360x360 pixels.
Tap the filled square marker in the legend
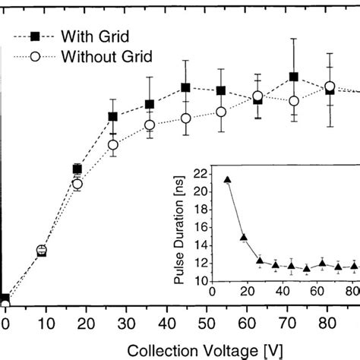pyautogui.click(x=34, y=35)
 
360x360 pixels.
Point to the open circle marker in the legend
pyautogui.click(x=34, y=55)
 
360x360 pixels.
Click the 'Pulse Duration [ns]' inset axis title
pyautogui.click(x=180, y=226)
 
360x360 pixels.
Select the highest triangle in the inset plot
pyautogui.click(x=227, y=180)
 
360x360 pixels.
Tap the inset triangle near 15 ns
pyautogui.click(x=243, y=238)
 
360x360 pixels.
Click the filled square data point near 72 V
pyautogui.click(x=293, y=77)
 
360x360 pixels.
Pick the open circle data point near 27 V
pyautogui.click(x=113, y=144)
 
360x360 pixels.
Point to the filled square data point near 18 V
pyautogui.click(x=77, y=169)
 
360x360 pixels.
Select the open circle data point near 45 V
pyautogui.click(x=185, y=118)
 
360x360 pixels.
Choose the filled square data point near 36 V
pyautogui.click(x=150, y=104)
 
